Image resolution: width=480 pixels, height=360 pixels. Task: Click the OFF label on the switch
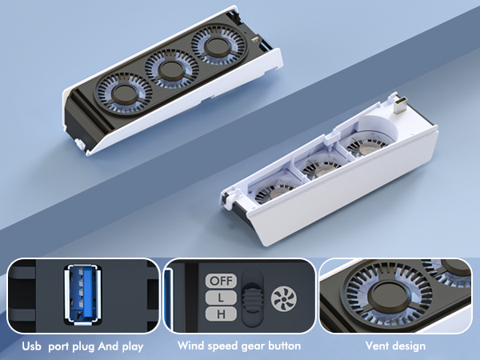[x=221, y=282]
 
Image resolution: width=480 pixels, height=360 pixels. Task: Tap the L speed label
[x=221, y=297]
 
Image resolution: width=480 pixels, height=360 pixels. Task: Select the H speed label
[x=221, y=312]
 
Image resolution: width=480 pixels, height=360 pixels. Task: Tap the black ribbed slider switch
[x=252, y=297]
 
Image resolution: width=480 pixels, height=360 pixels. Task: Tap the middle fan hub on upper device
[x=170, y=70]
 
